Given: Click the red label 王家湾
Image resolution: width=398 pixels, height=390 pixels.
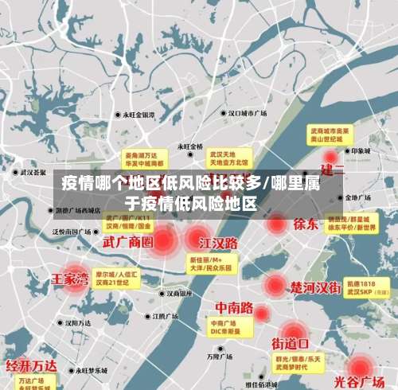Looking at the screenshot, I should [x=70, y=280].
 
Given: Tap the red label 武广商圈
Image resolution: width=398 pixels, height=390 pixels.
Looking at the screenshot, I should [x=127, y=241].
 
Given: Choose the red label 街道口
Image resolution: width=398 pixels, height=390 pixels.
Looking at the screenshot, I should [x=291, y=343].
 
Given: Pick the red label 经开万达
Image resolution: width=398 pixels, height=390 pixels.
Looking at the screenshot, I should [x=32, y=366].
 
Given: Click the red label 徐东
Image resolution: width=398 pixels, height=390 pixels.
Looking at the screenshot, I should [x=306, y=224].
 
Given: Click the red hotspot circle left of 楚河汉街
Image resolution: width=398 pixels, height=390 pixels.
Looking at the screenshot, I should [x=275, y=284].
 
